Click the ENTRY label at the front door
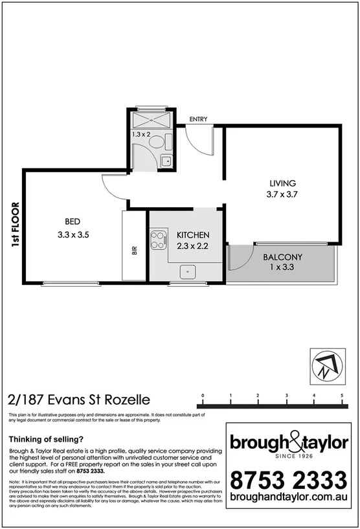pos(198,120)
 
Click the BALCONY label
pos(282,257)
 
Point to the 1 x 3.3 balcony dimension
pos(282,267)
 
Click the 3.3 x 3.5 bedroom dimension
pos(72,235)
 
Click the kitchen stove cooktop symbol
pos(159,241)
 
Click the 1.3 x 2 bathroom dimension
pos(141,134)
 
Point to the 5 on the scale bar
pos(342,394)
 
